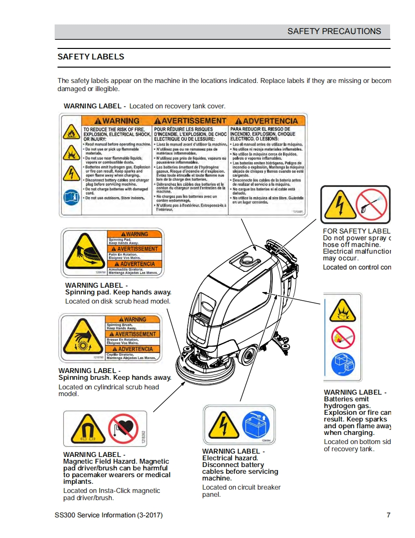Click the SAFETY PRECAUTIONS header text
pyautogui.click(x=334, y=32)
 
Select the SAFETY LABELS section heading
pyautogui.click(x=91, y=57)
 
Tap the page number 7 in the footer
pyautogui.click(x=388, y=515)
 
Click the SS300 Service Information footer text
pyautogui.click(x=109, y=515)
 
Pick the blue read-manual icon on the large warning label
pyautogui.click(x=70, y=197)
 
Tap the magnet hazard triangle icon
pyautogui.click(x=87, y=429)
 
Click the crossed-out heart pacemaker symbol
pyautogui.click(x=123, y=428)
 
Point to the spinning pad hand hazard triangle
pyautogui.click(x=82, y=253)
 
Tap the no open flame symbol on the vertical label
pyautogui.click(x=342, y=338)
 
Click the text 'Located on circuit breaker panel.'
pyautogui.click(x=241, y=491)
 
